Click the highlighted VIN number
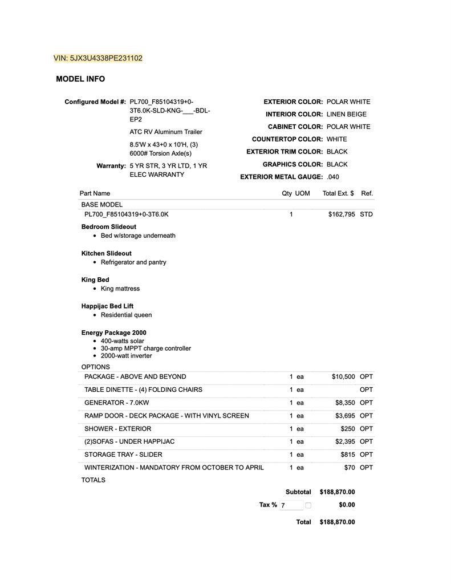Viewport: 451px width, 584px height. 97,58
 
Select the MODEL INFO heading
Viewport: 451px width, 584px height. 80,79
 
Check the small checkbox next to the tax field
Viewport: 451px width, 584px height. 308,505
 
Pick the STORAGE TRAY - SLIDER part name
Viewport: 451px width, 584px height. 123,455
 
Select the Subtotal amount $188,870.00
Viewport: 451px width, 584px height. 337,492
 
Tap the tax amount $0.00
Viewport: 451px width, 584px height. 347,505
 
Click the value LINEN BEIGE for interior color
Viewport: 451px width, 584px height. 347,114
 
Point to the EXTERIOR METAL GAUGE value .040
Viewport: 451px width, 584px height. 333,177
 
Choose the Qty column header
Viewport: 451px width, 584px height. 287,193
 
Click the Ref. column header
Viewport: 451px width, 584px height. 367,193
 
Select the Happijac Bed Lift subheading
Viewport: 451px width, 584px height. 107,306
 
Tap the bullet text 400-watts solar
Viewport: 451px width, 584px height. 122,341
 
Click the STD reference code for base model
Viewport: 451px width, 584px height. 366,214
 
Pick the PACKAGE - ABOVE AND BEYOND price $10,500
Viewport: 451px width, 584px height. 343,377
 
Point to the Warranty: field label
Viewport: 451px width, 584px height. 111,166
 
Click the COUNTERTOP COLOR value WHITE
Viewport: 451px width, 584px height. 336,139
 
